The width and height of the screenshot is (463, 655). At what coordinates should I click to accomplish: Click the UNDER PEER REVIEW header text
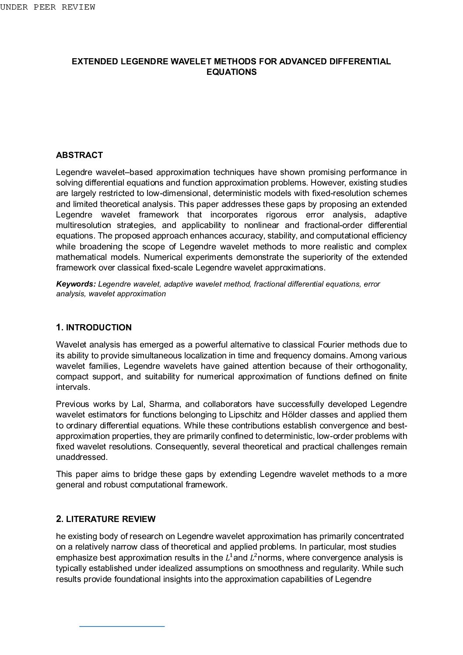click(47, 7)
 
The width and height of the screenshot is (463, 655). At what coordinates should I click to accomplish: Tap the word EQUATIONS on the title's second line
click(231, 72)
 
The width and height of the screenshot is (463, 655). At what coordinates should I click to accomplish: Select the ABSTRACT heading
click(79, 155)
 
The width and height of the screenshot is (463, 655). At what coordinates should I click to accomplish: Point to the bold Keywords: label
click(76, 284)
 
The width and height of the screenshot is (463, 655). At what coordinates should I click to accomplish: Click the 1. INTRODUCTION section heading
click(94, 327)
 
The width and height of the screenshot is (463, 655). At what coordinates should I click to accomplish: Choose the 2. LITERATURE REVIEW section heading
click(105, 519)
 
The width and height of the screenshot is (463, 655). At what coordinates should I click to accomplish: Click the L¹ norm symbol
click(229, 557)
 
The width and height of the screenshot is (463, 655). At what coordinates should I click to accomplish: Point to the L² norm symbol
click(253, 557)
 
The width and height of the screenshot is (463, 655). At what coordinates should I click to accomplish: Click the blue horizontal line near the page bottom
click(122, 627)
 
